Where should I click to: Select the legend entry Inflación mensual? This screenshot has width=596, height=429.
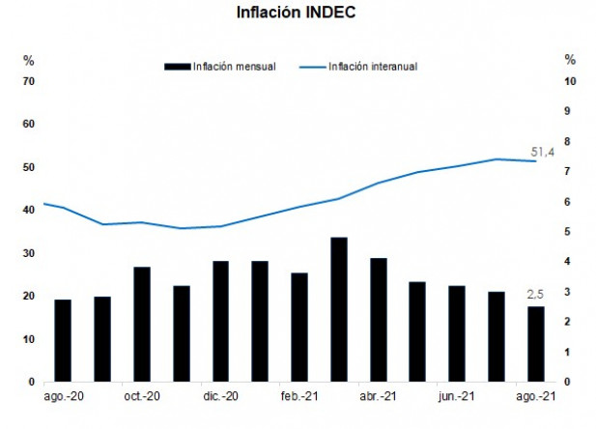234,67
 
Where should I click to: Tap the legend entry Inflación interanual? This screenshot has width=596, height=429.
372,67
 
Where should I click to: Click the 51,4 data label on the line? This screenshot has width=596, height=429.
543,152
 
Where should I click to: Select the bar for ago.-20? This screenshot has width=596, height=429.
63,340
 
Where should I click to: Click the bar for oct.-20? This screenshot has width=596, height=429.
141,324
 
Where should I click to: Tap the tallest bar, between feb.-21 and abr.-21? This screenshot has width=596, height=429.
338,309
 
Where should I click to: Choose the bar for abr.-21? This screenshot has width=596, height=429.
378,320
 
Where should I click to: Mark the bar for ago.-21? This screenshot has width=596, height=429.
535,344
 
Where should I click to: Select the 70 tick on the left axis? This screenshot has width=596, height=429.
28,81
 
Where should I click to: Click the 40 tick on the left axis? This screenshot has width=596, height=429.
28,210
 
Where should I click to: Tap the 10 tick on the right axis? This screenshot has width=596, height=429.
570,81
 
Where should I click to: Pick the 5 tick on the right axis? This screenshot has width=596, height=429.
570,232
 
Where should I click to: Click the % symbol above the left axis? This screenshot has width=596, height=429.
28,60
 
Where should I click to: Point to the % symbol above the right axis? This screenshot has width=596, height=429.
570,60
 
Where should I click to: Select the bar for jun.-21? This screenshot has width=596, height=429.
457,333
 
